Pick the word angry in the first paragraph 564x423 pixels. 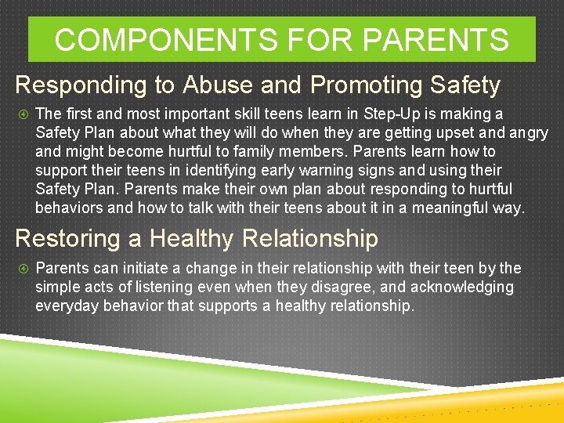pos(529,133)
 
